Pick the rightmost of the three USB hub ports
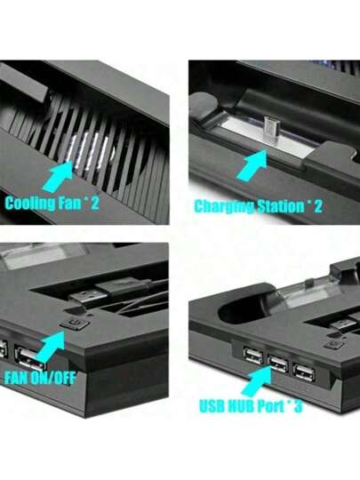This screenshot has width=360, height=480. tap(304, 371)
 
